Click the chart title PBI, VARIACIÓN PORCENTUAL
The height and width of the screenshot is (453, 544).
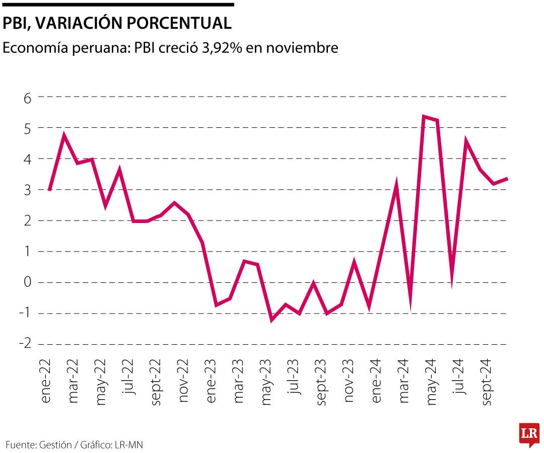click(x=117, y=23)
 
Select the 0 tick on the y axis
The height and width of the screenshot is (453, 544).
click(x=28, y=282)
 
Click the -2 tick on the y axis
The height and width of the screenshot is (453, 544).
click(x=25, y=344)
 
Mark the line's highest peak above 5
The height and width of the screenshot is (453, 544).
click(x=424, y=117)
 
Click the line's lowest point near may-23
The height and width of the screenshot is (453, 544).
click(x=271, y=320)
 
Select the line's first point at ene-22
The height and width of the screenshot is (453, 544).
click(x=49, y=190)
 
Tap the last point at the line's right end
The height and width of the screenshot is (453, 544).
click(x=507, y=179)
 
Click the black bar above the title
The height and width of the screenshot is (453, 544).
click(x=118, y=5)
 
